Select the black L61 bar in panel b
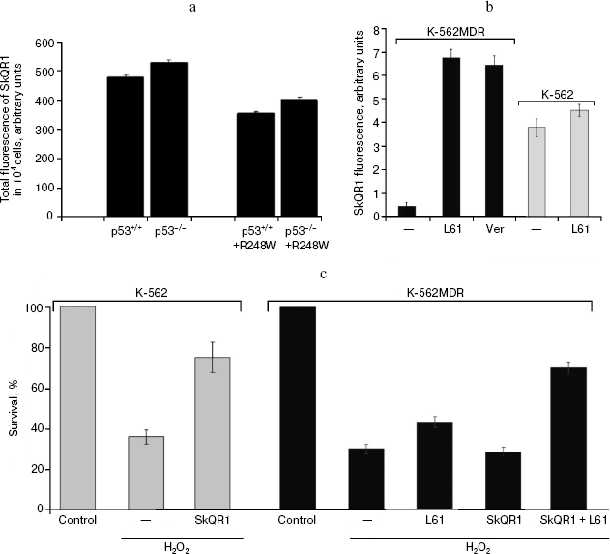(451, 136)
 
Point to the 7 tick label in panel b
(386, 44)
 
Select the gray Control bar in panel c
(76, 407)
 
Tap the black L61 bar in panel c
(434, 465)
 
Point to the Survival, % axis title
(14, 408)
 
